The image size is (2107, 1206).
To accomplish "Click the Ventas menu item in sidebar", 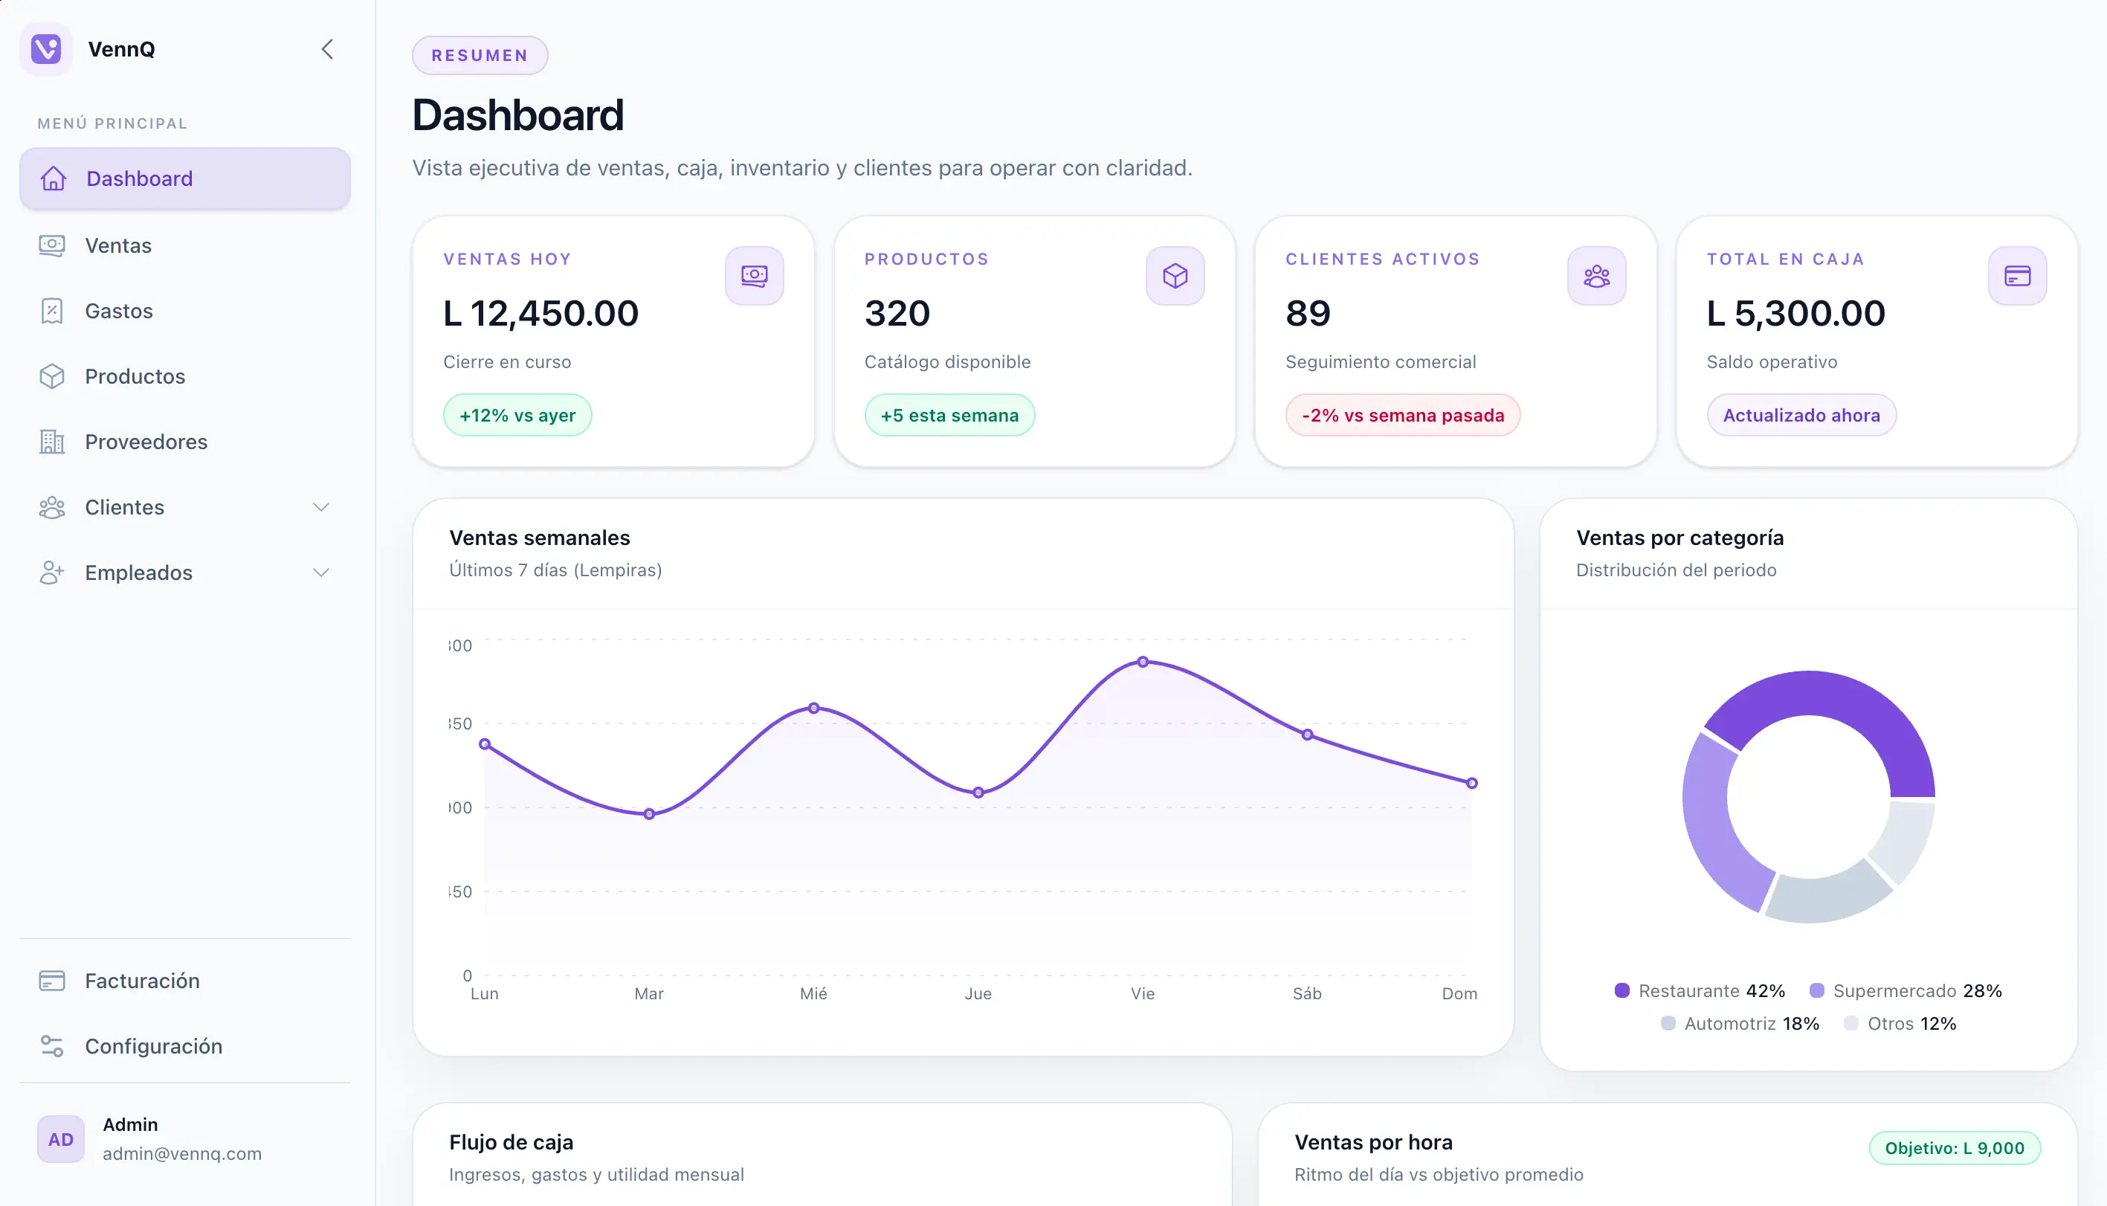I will pyautogui.click(x=117, y=246).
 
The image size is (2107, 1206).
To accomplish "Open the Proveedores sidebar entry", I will pyautogui.click(x=146, y=442).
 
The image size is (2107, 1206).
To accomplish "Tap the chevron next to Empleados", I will pyautogui.click(x=321, y=573).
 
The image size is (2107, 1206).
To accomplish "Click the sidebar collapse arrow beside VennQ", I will pyautogui.click(x=327, y=50).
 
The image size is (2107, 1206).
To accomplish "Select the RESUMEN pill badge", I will pyautogui.click(x=480, y=56).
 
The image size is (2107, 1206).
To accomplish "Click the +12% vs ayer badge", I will pyautogui.click(x=517, y=416).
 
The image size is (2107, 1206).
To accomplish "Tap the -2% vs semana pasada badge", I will pyautogui.click(x=1402, y=416).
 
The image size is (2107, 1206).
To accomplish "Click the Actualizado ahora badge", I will pyautogui.click(x=1801, y=416).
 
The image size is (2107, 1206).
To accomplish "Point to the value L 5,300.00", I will pyautogui.click(x=1795, y=314).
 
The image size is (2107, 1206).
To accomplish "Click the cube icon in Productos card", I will pyautogui.click(x=1175, y=276).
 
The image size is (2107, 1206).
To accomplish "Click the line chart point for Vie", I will pyautogui.click(x=1142, y=662).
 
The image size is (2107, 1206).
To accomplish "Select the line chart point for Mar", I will pyautogui.click(x=648, y=814).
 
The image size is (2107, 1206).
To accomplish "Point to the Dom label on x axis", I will pyautogui.click(x=1459, y=994).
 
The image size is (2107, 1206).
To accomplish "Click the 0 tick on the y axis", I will pyautogui.click(x=467, y=976).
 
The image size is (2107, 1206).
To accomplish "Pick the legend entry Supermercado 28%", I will pyautogui.click(x=1905, y=991).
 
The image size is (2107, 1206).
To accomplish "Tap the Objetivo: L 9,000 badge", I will pyautogui.click(x=1954, y=1149).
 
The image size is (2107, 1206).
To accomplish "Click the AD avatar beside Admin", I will pyautogui.click(x=60, y=1140).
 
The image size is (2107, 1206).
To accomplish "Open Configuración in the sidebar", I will pyautogui.click(x=153, y=1047).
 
